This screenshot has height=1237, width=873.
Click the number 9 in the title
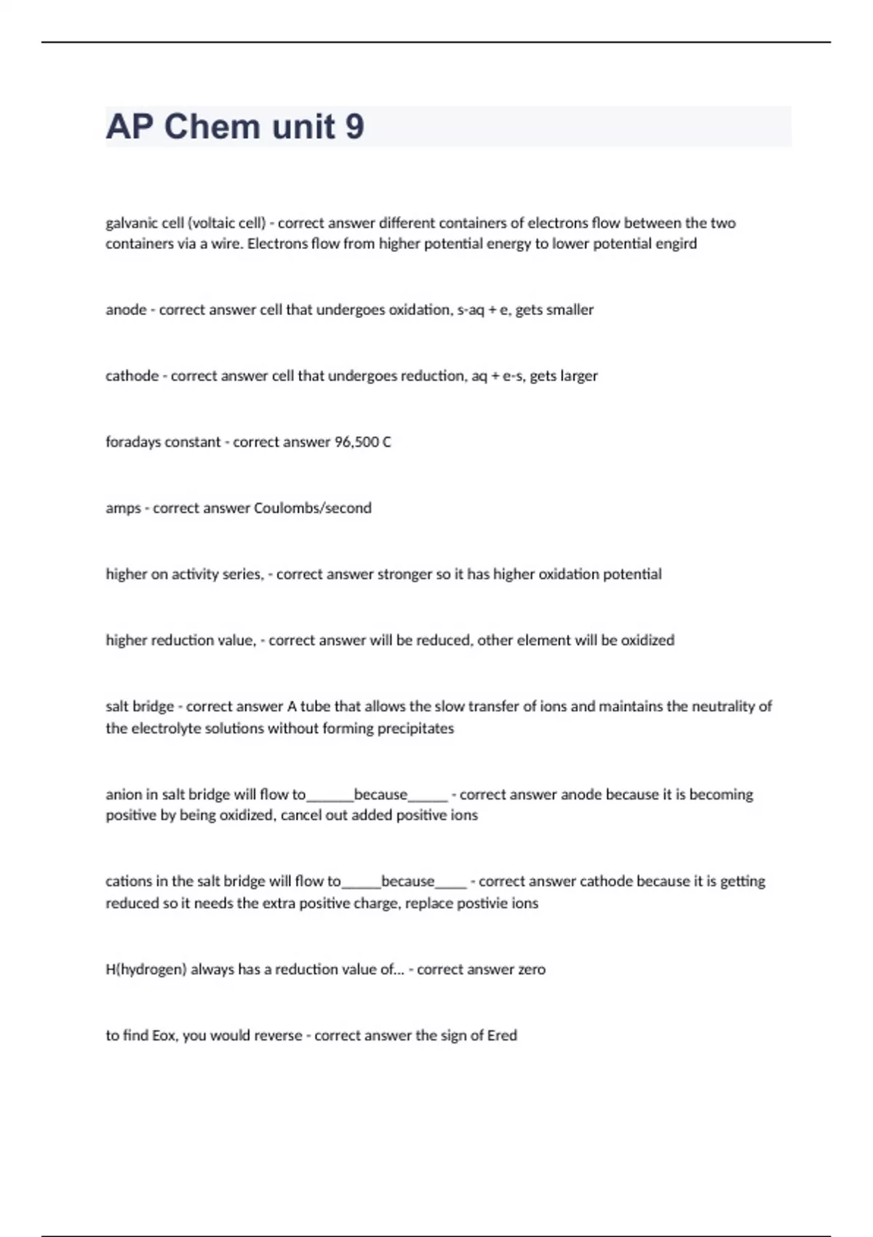point(354,127)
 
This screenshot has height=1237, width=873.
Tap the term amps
point(123,509)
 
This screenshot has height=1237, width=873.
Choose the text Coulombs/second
point(312,509)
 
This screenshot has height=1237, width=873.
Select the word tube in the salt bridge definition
point(315,707)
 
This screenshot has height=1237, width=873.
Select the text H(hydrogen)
point(146,970)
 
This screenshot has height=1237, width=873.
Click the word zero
point(531,970)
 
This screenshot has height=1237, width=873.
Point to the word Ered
point(502,1035)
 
